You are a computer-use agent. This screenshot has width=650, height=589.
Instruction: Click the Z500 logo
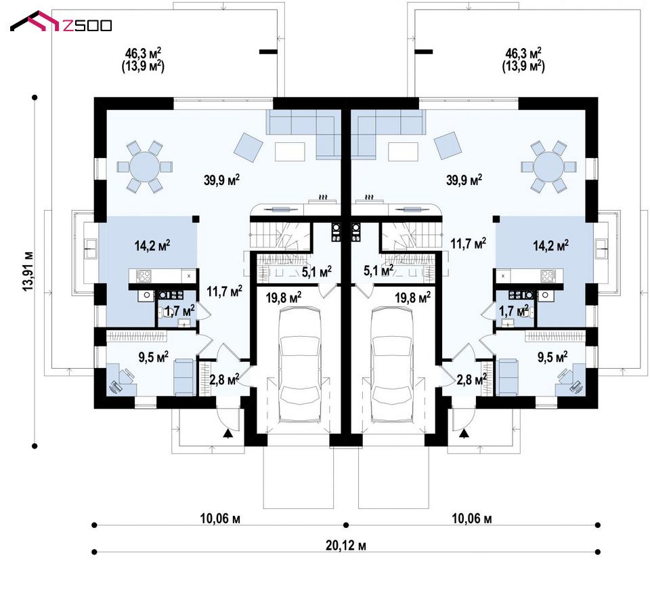(x=61, y=23)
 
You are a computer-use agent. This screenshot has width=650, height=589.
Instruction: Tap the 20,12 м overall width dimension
(x=346, y=545)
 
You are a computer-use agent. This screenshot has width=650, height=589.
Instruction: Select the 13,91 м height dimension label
(x=28, y=271)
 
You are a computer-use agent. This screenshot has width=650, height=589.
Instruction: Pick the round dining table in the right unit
(x=548, y=167)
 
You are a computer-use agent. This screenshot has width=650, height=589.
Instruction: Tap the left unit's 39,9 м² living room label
(x=222, y=180)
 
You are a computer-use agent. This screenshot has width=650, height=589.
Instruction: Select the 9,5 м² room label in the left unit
(x=154, y=357)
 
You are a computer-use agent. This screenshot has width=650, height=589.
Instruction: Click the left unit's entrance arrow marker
(x=227, y=434)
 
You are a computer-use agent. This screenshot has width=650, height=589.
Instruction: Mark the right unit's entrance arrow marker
(x=464, y=434)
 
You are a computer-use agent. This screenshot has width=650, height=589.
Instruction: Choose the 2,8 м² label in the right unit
(x=471, y=379)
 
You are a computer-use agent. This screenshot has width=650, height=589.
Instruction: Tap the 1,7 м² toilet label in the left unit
(x=180, y=310)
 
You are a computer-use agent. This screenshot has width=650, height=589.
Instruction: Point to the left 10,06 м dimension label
(x=220, y=519)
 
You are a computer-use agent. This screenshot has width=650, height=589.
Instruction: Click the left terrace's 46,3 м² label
(x=143, y=53)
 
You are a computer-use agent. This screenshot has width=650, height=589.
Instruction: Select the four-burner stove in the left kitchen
(x=144, y=275)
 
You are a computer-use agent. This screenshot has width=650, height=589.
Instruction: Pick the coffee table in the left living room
(x=290, y=152)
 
